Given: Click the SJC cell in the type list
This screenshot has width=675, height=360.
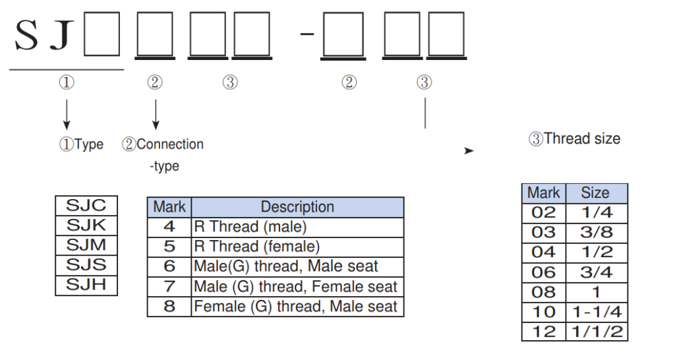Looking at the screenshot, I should click(86, 205).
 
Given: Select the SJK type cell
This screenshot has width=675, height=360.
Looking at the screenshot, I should click(86, 225).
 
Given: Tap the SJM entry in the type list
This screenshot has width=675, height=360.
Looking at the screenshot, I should click(86, 245).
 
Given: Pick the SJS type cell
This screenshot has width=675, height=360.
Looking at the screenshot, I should click(86, 265).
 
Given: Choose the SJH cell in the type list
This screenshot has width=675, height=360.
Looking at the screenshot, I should click(86, 285).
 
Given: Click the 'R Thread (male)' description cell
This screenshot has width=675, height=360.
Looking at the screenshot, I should click(297, 227).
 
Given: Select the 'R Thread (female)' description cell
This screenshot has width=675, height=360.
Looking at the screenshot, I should click(297, 247).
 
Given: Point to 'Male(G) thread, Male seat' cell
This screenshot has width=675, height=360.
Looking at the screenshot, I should click(297, 267).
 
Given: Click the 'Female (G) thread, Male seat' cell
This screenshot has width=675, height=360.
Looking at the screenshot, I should click(297, 307).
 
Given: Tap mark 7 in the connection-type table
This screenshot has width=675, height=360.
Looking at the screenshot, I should click(169, 287).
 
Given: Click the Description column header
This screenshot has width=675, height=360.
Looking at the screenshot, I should click(297, 207).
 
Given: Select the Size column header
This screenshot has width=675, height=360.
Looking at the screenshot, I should click(595, 193).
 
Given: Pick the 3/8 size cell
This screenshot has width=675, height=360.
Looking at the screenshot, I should click(597, 232).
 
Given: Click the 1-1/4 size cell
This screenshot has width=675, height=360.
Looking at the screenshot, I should click(597, 312).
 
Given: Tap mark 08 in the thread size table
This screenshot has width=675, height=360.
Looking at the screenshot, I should click(544, 292).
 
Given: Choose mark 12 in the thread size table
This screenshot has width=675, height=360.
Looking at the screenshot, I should click(544, 332).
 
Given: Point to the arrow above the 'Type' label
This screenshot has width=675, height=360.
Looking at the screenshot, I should click(66, 113).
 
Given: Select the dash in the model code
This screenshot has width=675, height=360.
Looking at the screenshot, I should click(307, 33).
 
